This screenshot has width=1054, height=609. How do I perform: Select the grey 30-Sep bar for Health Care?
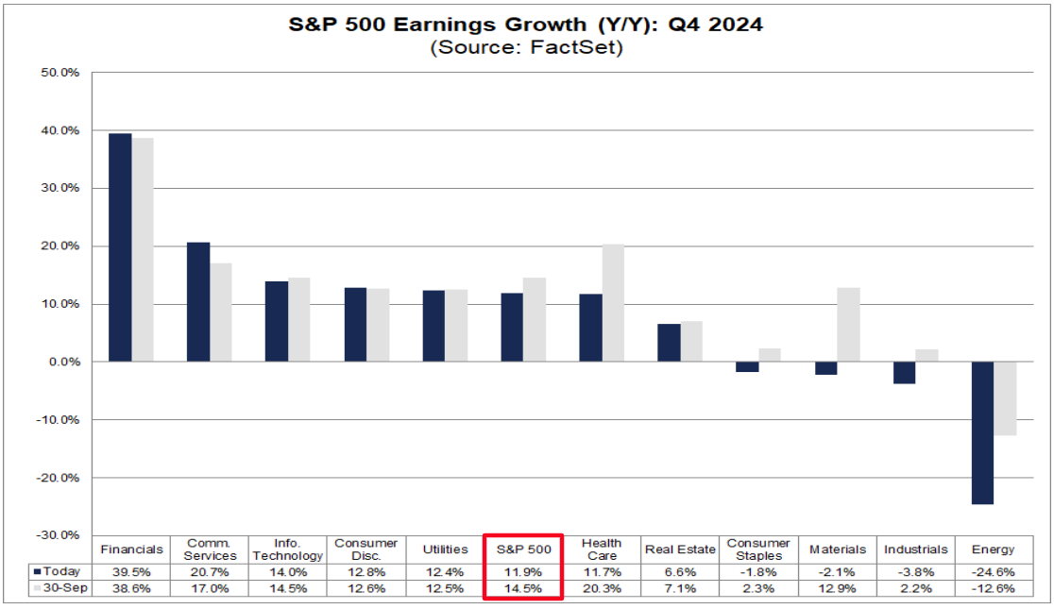click(612, 303)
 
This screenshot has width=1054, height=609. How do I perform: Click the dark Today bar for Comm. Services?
click(198, 302)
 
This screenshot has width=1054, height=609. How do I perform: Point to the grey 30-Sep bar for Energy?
click(1004, 398)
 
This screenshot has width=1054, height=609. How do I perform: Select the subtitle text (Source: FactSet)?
click(526, 48)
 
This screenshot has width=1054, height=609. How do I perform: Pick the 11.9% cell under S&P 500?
click(523, 571)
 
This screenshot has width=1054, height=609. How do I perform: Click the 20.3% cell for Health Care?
click(602, 589)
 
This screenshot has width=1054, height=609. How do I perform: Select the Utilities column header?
click(445, 549)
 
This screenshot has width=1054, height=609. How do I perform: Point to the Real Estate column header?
click(679, 549)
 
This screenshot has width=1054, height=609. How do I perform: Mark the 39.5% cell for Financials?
click(131, 571)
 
